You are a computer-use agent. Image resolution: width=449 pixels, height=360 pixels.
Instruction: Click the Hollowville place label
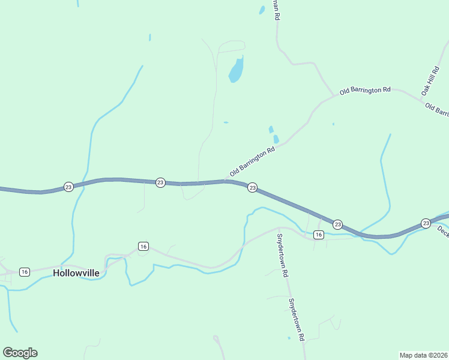point(75,272)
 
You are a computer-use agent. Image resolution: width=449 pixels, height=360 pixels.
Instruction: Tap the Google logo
point(20,353)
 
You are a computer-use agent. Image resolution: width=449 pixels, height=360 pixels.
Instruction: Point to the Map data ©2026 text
point(423,355)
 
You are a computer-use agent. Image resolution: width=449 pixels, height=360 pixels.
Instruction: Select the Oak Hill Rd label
point(430,81)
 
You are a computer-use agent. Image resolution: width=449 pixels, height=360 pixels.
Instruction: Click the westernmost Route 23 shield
point(68,187)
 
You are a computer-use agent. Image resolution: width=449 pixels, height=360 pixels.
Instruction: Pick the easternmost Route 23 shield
point(426,223)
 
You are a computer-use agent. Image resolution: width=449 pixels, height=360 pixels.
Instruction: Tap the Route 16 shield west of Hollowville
point(24,272)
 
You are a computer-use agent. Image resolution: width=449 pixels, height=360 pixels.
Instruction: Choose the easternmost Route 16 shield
point(319,235)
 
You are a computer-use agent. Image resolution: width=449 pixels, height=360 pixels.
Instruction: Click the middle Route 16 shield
point(143,246)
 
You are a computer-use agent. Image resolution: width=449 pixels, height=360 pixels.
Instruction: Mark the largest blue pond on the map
point(237,71)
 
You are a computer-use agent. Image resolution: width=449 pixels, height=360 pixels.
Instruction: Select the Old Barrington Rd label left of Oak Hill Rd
point(365,91)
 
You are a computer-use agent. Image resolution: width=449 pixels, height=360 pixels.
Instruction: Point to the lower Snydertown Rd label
point(297,320)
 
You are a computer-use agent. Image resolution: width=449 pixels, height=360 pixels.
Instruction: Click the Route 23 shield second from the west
point(160,182)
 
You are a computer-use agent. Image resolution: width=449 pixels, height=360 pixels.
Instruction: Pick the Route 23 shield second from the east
point(337,224)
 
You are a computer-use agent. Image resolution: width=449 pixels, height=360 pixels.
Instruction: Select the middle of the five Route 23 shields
point(253,188)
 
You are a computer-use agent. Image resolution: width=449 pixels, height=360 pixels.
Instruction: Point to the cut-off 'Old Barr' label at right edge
point(437,110)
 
